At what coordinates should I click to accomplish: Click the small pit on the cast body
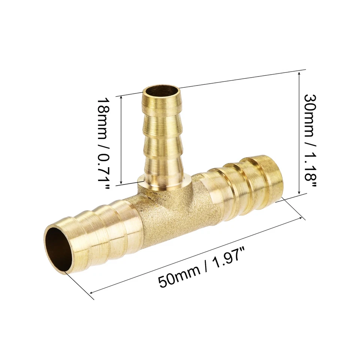pyautogui.click(x=150, y=197)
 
